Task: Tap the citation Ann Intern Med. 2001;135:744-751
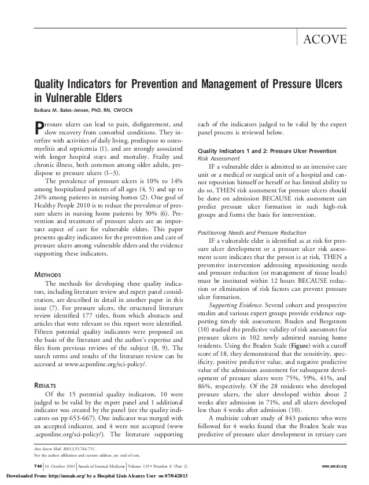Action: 62,449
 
